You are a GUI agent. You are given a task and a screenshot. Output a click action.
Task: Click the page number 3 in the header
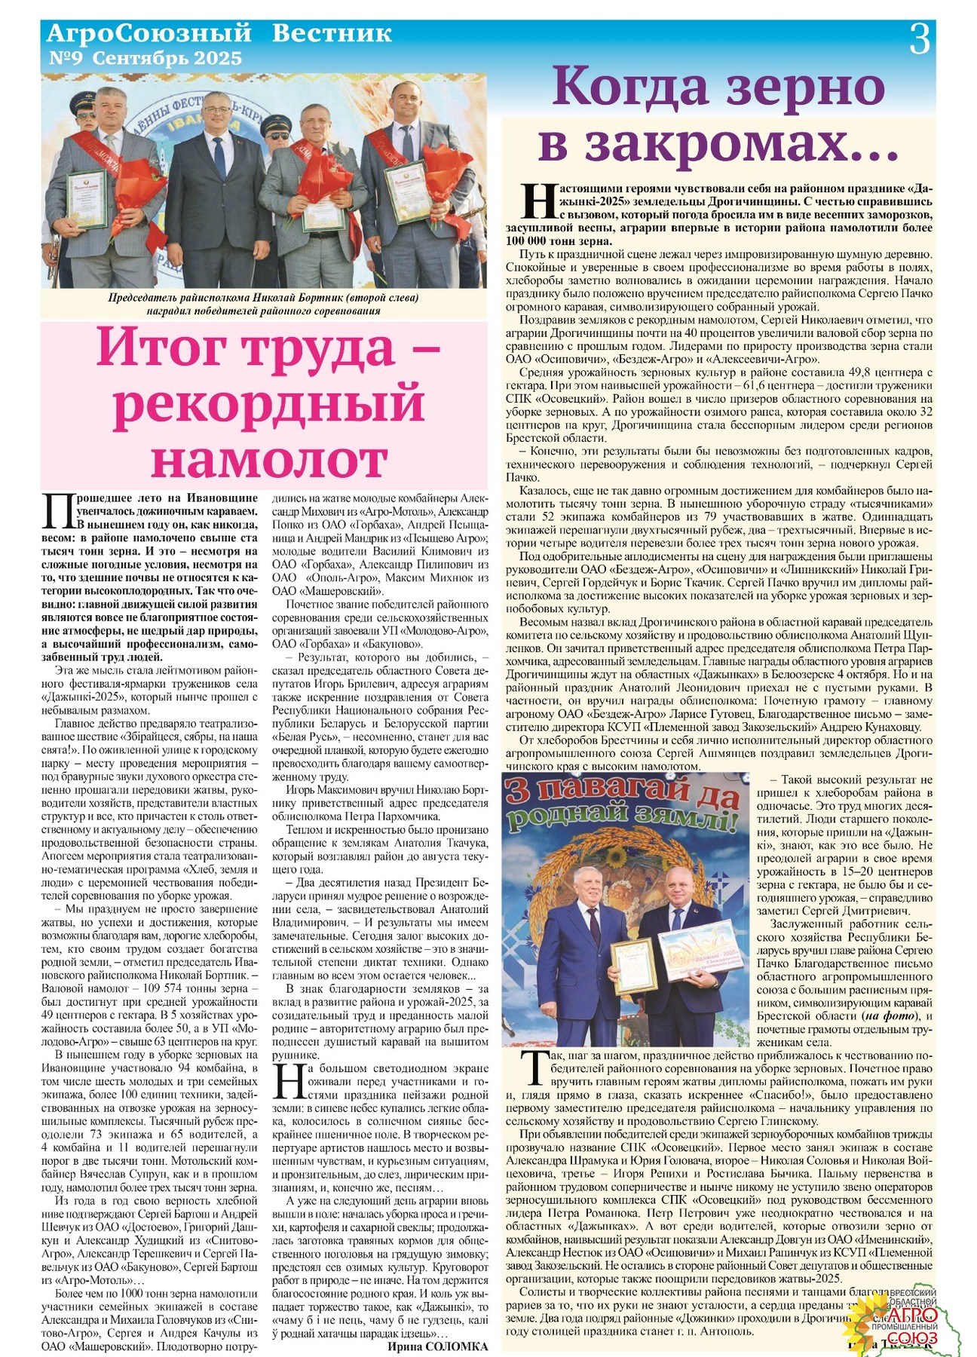point(919,39)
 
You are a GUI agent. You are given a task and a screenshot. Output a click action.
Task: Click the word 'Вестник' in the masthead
point(332,33)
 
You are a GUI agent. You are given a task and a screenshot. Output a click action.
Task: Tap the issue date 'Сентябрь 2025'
point(168,58)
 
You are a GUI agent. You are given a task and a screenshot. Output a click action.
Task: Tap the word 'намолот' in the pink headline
point(269,457)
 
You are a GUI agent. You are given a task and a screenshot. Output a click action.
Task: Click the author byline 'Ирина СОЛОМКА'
point(438,1347)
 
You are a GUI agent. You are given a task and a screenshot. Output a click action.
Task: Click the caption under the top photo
point(264,304)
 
